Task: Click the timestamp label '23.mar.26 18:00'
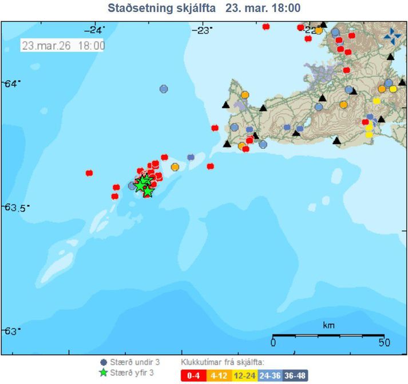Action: [64, 46]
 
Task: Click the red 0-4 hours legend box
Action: [191, 375]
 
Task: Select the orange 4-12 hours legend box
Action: [217, 375]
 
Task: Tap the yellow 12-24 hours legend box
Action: [244, 375]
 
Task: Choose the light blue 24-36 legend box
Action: [270, 375]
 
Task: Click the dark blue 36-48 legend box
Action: [295, 375]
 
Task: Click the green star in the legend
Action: [104, 372]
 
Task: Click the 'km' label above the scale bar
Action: [328, 325]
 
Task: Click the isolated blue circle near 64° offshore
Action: [164, 89]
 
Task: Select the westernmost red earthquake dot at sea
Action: [89, 173]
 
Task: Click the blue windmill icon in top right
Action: [393, 36]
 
